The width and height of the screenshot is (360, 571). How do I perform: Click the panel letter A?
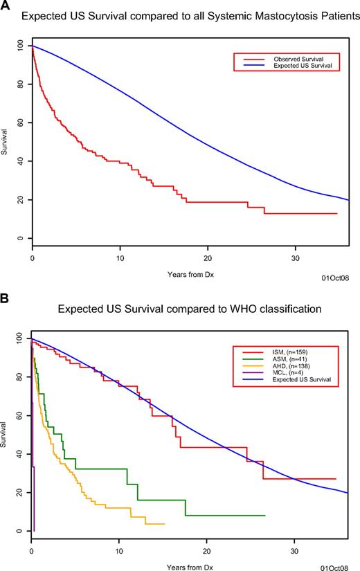[x=6, y=6]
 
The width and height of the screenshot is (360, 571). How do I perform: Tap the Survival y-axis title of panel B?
[x=6, y=436]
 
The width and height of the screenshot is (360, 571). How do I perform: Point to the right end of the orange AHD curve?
[x=163, y=524]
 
